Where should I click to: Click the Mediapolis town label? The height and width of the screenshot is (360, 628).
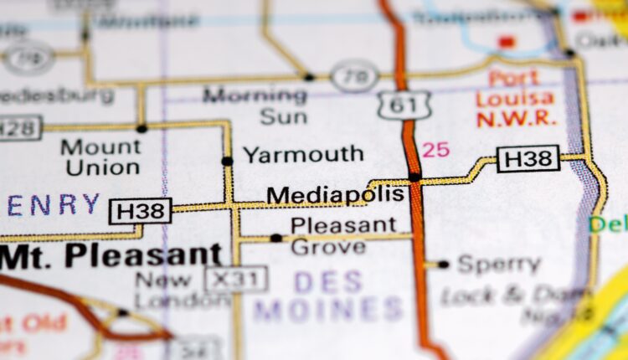click(335, 195)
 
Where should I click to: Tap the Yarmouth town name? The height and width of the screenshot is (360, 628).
click(303, 154)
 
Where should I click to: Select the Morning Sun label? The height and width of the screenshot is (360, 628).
click(255, 105)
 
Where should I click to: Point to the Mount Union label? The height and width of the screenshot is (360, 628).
click(100, 157)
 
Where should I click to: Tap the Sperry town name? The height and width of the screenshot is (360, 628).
click(499, 265)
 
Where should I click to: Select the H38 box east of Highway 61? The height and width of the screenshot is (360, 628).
click(528, 158)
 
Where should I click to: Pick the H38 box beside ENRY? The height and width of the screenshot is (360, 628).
click(140, 211)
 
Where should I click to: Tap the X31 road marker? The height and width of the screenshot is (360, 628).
click(236, 279)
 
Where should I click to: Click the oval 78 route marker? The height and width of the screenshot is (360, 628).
click(354, 76)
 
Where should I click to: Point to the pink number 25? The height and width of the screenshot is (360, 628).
click(435, 151)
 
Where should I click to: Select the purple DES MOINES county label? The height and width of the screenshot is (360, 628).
click(329, 294)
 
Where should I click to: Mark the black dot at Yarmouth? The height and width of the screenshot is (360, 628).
click(227, 161)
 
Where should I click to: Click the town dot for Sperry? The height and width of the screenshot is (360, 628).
click(443, 265)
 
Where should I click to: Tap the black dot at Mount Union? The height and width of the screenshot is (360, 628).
click(142, 128)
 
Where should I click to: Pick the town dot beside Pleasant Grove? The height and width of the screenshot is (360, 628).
click(275, 239)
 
